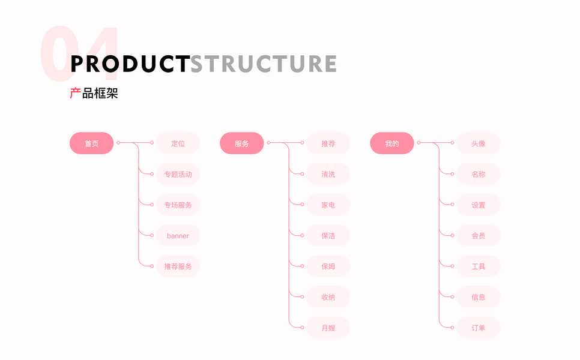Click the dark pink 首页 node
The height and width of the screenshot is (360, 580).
pyautogui.click(x=91, y=143)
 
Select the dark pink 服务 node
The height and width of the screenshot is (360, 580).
pyautogui.click(x=241, y=143)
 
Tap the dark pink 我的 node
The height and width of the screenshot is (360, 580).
pyautogui.click(x=391, y=143)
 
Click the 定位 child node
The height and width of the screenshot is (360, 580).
pyautogui.click(x=178, y=143)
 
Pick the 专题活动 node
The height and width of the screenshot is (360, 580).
pyautogui.click(x=178, y=174)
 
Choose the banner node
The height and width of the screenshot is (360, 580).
pyautogui.click(x=178, y=235)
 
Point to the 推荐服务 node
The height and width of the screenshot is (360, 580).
pyautogui.click(x=178, y=266)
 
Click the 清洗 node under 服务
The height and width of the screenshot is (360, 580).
pyautogui.click(x=328, y=174)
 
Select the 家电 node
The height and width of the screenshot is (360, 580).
pyautogui.click(x=328, y=205)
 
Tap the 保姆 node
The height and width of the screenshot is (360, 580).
pyautogui.click(x=328, y=266)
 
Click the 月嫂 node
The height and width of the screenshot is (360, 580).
pyautogui.click(x=328, y=328)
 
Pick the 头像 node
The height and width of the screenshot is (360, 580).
pyautogui.click(x=479, y=143)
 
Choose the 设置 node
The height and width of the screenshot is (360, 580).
pyautogui.click(x=479, y=205)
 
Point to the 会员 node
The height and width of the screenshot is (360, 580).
pyautogui.click(x=479, y=235)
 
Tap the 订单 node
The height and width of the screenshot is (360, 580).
pyautogui.click(x=479, y=328)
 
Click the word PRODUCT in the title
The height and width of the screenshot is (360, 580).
pyautogui.click(x=130, y=64)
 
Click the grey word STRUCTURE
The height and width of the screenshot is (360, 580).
pyautogui.click(x=264, y=64)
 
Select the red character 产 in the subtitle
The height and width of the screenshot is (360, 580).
pyautogui.click(x=76, y=93)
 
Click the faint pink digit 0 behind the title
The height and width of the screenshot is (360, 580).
pyautogui.click(x=60, y=53)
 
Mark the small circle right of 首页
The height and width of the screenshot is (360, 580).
pyautogui.click(x=118, y=142)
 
